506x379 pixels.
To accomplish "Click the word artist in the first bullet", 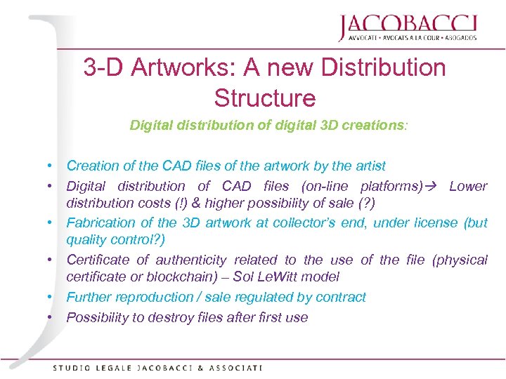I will (368, 166).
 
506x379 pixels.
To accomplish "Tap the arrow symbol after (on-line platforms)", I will (436, 186).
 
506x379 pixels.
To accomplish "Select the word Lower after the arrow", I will (468, 186).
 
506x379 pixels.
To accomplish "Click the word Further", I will (90, 297).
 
